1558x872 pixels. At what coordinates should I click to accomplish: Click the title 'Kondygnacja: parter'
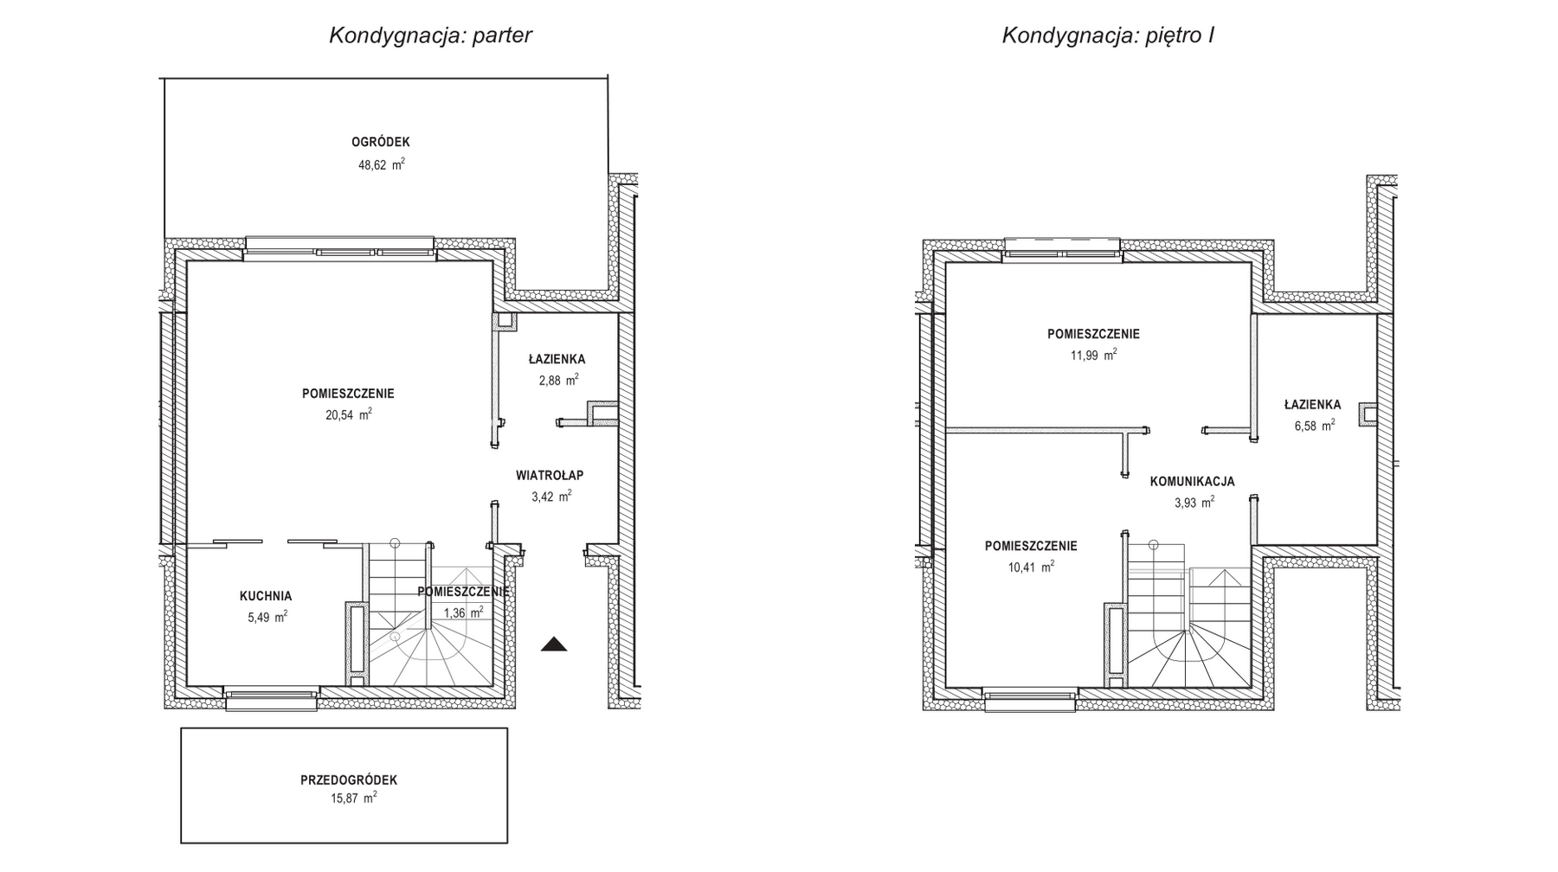click(x=430, y=35)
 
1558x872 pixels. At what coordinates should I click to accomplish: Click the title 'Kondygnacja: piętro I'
click(x=1107, y=35)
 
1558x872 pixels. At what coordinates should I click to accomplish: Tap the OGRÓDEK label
click(x=381, y=142)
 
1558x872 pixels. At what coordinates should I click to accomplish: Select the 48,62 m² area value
click(x=381, y=164)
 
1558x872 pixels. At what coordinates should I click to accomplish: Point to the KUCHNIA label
click(x=266, y=596)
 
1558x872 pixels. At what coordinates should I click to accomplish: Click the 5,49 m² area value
click(x=267, y=618)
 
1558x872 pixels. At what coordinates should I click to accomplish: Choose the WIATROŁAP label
click(x=550, y=475)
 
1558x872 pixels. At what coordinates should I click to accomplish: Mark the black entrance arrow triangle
click(x=554, y=644)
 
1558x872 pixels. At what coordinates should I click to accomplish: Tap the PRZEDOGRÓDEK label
click(x=349, y=780)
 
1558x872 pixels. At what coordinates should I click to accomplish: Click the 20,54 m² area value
click(x=348, y=415)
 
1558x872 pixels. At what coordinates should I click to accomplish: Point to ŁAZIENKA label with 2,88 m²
click(x=557, y=359)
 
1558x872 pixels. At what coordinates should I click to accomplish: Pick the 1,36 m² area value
click(x=463, y=612)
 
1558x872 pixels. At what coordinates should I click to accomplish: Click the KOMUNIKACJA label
click(x=1192, y=482)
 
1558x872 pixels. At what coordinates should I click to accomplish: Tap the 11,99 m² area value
click(x=1093, y=356)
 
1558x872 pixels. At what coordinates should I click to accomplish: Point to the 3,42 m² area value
click(x=550, y=497)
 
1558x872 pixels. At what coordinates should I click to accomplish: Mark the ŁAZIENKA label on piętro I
click(x=1312, y=404)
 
